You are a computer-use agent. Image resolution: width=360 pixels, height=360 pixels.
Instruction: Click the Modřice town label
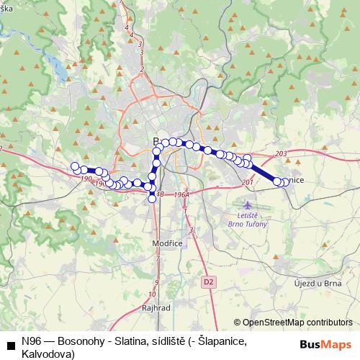click(166, 244)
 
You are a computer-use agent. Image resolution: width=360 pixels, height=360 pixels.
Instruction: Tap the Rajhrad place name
click(156, 307)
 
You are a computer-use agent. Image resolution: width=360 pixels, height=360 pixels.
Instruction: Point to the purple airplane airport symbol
click(248, 206)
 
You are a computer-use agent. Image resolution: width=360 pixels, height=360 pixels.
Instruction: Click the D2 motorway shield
click(209, 280)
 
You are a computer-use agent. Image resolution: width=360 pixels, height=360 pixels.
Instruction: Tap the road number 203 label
click(281, 154)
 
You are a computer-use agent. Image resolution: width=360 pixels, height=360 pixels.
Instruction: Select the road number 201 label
click(248, 182)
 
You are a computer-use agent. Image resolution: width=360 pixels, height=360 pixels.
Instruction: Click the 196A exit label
click(181, 194)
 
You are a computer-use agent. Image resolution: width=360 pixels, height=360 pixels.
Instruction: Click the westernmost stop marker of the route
click(74, 167)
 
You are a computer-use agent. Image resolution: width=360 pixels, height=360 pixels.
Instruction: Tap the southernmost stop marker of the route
click(152, 199)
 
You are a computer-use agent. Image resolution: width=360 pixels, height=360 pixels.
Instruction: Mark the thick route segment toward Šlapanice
click(264, 172)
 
